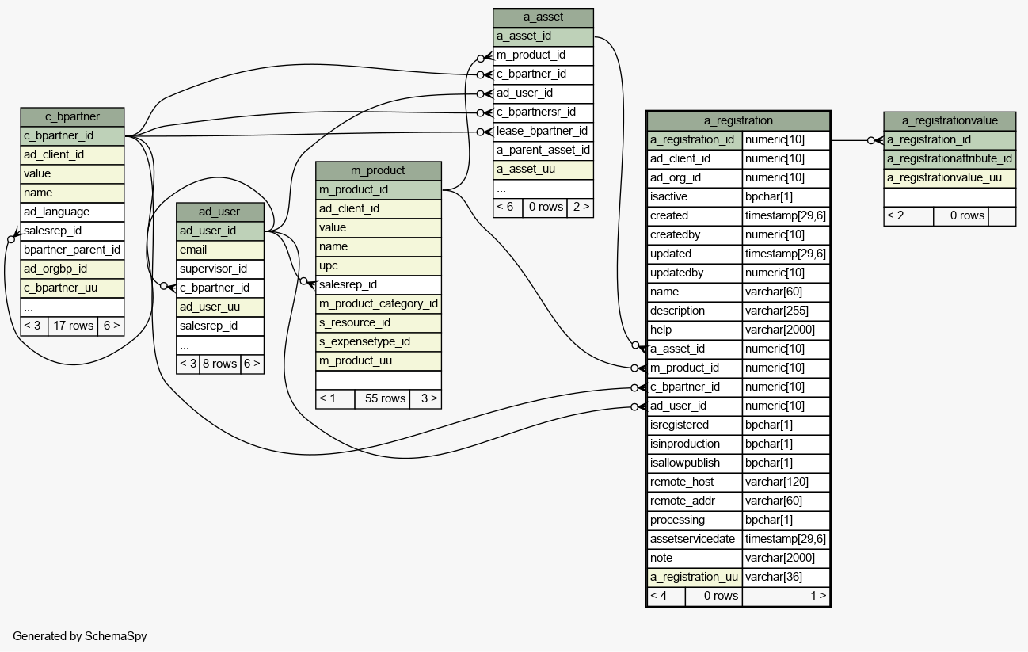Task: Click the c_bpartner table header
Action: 72,117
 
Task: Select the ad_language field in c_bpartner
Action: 72,212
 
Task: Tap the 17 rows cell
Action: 73,326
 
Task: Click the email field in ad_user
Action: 220,250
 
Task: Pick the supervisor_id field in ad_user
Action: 220,269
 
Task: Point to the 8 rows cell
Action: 220,364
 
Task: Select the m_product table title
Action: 378,171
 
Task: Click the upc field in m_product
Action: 378,266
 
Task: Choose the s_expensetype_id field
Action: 378,342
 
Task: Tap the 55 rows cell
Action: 383,399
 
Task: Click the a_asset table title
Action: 543,17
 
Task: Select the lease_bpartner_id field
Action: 543,132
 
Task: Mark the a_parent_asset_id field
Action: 543,151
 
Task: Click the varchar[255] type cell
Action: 786,311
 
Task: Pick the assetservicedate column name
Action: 695,540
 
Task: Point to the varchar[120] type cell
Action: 786,482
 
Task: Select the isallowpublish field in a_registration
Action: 695,463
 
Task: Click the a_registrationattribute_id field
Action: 950,159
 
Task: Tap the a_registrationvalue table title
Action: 950,121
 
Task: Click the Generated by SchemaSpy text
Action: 80,636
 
